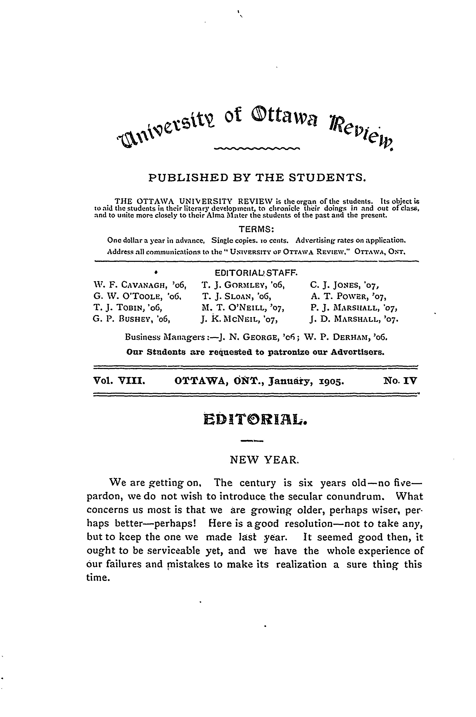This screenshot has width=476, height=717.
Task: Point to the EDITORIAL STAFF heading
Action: click(256, 273)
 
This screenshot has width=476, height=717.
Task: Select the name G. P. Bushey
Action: click(131, 319)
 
